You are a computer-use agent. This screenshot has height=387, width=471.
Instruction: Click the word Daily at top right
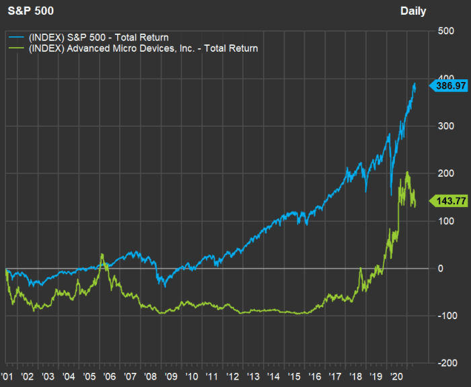[413, 11]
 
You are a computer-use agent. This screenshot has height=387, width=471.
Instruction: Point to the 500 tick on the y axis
[445, 31]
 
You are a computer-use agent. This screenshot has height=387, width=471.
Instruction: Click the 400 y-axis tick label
[445, 79]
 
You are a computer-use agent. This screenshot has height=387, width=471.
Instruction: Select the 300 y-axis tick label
[445, 126]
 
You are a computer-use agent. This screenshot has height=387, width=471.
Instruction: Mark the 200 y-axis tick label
[445, 173]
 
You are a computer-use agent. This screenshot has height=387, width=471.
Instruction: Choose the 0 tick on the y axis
[441, 268]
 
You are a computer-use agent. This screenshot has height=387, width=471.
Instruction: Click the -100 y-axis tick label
[444, 316]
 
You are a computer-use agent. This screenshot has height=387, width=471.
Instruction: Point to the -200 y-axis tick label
[444, 363]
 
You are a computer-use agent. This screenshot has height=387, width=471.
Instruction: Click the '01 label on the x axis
[9, 377]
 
